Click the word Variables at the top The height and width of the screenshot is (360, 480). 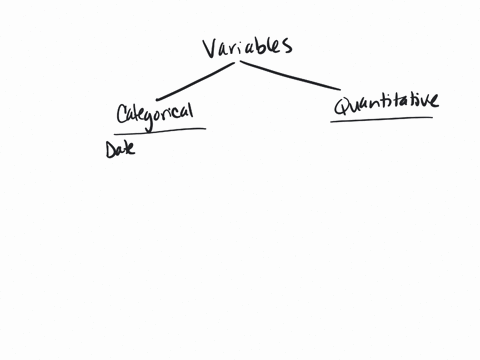pos(246,47)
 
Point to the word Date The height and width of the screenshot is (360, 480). pos(120,149)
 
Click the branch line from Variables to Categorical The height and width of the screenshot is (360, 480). pos(194,81)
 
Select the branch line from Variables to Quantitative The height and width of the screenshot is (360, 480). pos(290,75)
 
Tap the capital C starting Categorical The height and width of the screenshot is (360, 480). pos(122,115)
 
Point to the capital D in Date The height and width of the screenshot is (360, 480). pos(110,150)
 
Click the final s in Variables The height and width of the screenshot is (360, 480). pos(286,46)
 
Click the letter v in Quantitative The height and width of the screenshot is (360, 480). pos(425,100)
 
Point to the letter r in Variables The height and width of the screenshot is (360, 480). pos(232,48)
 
